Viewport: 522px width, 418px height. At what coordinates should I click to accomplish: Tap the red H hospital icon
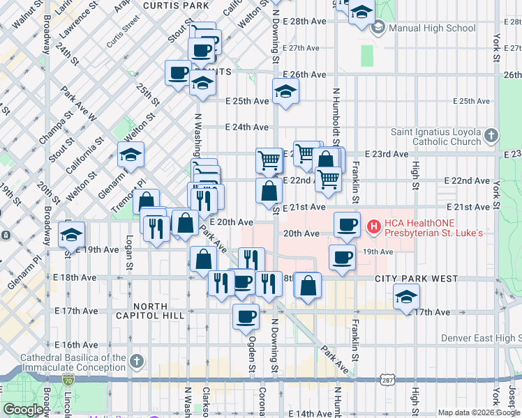point(373,226)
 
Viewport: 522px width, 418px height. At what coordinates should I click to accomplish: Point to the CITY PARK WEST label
point(416,279)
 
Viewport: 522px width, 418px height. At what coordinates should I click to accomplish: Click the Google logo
point(23,410)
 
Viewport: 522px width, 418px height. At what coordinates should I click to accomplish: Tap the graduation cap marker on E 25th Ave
point(285,93)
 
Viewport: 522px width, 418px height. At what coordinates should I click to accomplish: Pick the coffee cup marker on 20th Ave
point(347,224)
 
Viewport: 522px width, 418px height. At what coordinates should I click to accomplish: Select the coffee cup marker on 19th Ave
point(341,257)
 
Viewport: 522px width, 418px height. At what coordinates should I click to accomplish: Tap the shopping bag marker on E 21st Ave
point(269,191)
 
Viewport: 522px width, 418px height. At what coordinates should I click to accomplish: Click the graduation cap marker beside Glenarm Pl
point(130,155)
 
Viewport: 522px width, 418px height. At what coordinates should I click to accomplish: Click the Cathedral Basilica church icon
point(137,362)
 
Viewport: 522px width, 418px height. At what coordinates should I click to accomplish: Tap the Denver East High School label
point(481,339)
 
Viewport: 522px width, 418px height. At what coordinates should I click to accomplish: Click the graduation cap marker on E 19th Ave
point(72,235)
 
